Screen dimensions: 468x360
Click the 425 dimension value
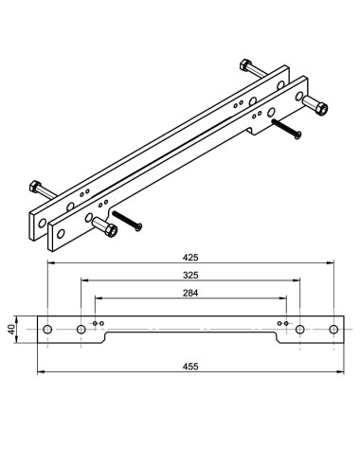[190, 256]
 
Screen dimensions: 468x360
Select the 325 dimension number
[190, 276]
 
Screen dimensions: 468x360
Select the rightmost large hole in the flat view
[333, 329]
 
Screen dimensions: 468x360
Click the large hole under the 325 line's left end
[81, 329]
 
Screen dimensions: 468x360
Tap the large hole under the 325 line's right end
[300, 329]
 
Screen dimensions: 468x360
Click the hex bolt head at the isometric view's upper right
[317, 104]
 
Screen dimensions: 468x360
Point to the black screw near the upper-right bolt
[286, 130]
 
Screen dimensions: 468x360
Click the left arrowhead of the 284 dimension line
[99, 298]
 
